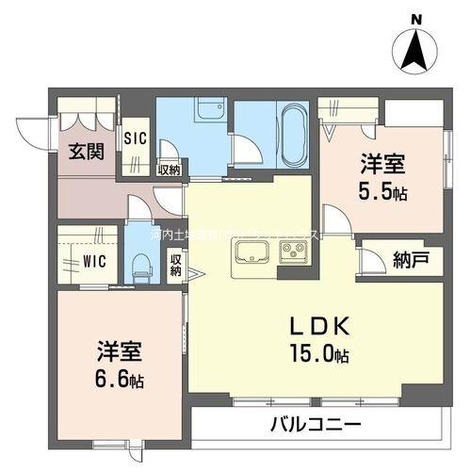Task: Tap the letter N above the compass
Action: coord(416,16)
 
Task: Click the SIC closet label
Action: coord(136,138)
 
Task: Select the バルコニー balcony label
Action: coord(317,426)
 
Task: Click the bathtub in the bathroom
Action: coord(289,135)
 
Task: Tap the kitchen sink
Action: coord(252,252)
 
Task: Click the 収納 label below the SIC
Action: coord(169,171)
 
